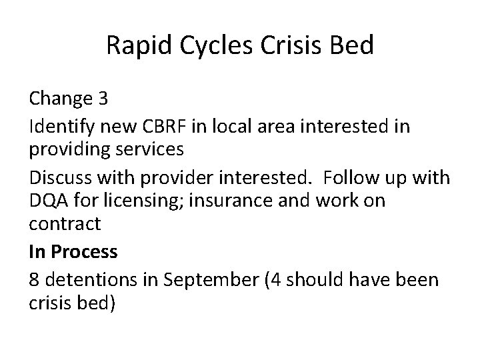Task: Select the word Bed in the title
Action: [352, 46]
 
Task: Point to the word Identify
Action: [61, 125]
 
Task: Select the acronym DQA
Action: [48, 201]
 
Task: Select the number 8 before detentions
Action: [34, 278]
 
